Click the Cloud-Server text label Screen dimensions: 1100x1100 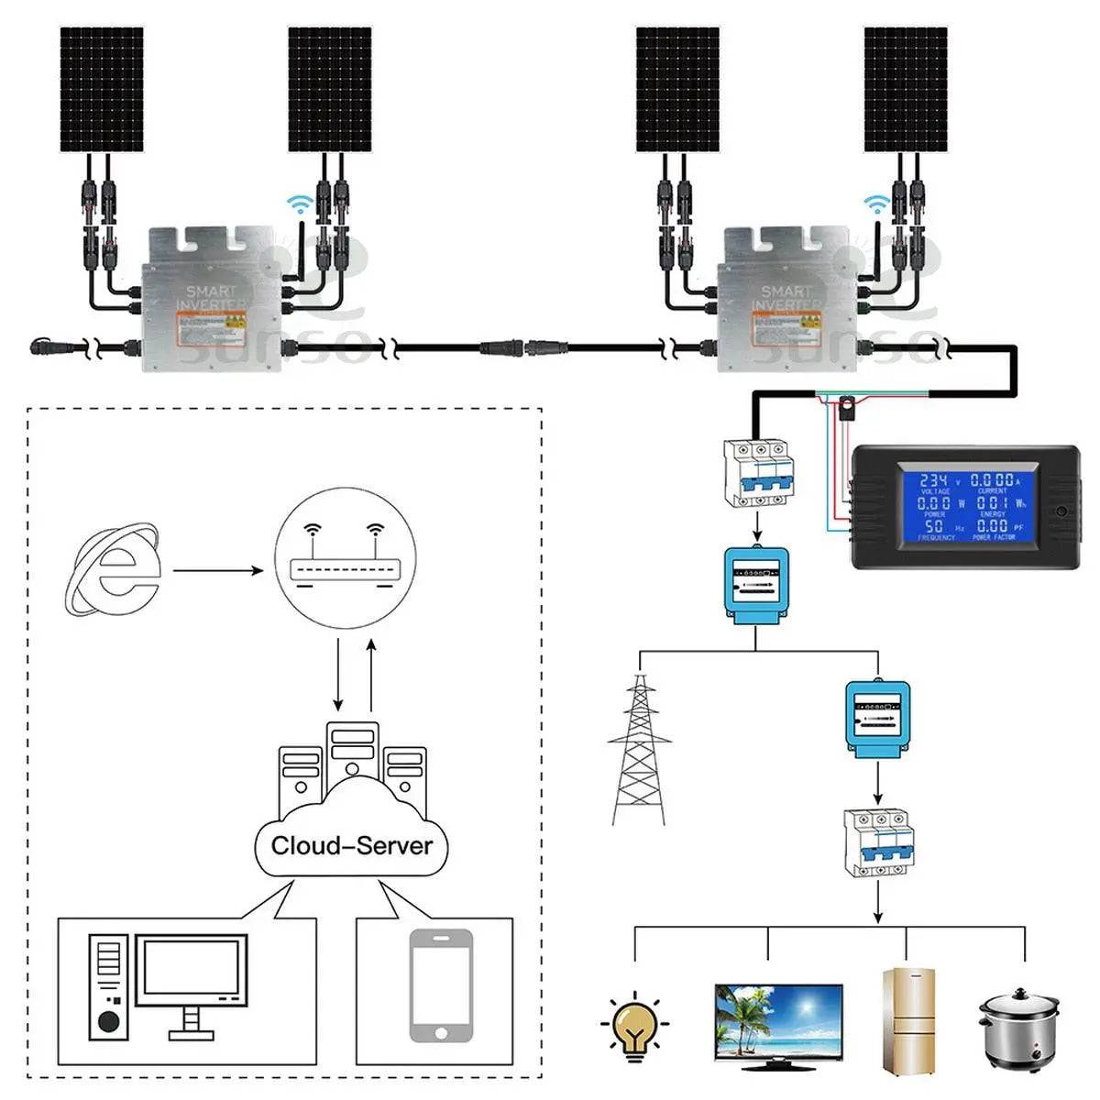[352, 844]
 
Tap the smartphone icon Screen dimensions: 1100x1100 [441, 985]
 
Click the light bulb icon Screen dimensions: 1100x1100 [634, 1024]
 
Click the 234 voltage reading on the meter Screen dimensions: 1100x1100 [933, 481]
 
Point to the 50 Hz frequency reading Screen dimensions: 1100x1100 [933, 526]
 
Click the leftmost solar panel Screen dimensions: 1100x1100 [102, 89]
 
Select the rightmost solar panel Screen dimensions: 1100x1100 [905, 89]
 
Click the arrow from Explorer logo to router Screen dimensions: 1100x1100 [218, 571]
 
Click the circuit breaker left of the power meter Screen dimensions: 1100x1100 [756, 472]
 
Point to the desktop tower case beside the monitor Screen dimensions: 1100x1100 [105, 985]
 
